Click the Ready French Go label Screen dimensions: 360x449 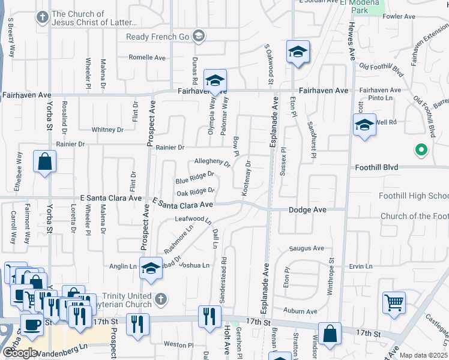pos(157,37)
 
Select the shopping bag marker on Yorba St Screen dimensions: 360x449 pos(45,162)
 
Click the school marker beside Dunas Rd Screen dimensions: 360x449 pos(215,80)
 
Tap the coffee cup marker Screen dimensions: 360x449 pos(32,324)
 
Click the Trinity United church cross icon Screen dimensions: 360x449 pos(160,298)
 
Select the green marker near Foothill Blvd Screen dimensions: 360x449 pos(421,150)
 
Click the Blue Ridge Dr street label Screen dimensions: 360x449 pos(194,178)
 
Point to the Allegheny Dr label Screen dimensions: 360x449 pos(212,162)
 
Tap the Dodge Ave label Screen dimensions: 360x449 pos(307,210)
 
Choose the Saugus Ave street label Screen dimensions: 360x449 pos(306,248)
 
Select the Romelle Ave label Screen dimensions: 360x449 pos(147,58)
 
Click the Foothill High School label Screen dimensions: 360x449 pos(414,196)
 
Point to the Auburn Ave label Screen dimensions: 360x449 pos(300,311)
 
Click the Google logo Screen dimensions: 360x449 pos(19,353)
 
